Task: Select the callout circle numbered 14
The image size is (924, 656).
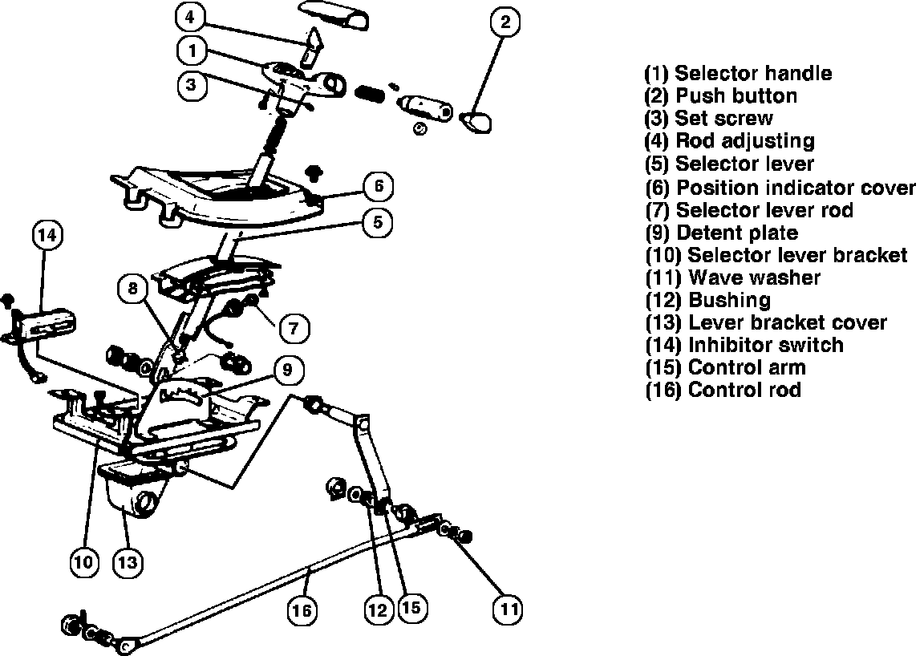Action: coord(47,236)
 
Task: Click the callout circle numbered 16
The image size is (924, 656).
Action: coord(302,610)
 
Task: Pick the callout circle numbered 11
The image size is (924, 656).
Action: coord(507,609)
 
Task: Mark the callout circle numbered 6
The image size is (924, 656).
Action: coord(379,187)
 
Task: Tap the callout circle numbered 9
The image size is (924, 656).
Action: coord(288,371)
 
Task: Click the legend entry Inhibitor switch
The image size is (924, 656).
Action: coord(744,346)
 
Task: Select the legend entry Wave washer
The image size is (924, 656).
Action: coord(733,278)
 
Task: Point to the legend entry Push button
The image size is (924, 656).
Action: coord(721,96)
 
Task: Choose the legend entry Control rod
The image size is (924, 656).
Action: coord(723,391)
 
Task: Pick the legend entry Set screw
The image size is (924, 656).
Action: coord(709,119)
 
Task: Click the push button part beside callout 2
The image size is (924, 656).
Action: coord(476,121)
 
